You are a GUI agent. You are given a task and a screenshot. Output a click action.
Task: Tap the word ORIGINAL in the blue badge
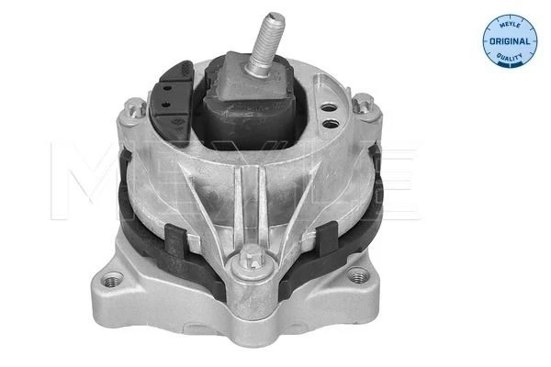(x=510, y=41)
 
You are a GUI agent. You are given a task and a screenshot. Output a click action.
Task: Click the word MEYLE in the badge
(x=510, y=24)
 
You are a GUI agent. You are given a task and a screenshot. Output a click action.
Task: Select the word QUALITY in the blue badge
(x=510, y=57)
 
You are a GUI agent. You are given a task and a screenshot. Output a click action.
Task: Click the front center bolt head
(x=253, y=258)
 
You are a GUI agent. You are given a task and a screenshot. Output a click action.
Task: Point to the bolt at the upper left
(x=135, y=106)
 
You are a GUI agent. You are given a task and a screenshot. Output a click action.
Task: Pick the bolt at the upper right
(x=363, y=103)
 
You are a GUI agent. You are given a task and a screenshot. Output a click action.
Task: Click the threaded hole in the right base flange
(x=357, y=275)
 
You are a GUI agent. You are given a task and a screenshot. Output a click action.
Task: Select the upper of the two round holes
(x=330, y=108)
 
